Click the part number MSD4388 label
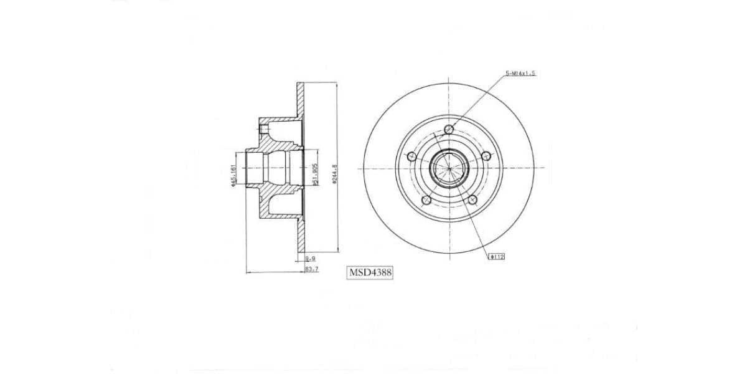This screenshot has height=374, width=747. click(x=370, y=272)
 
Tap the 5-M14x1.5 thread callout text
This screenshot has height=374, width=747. click(x=520, y=73)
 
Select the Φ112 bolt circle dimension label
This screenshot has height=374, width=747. click(x=497, y=256)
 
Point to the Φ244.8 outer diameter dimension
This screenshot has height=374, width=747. click(x=334, y=175)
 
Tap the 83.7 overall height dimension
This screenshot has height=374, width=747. click(x=312, y=269)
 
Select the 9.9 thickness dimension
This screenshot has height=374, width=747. click(x=309, y=258)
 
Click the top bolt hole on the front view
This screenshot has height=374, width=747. click(x=449, y=130)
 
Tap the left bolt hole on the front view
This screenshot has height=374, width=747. click(x=411, y=157)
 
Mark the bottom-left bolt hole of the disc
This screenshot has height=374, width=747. click(x=426, y=200)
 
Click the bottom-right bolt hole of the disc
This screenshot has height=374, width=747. click(x=472, y=200)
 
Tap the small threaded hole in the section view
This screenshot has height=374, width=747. click(x=265, y=130)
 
